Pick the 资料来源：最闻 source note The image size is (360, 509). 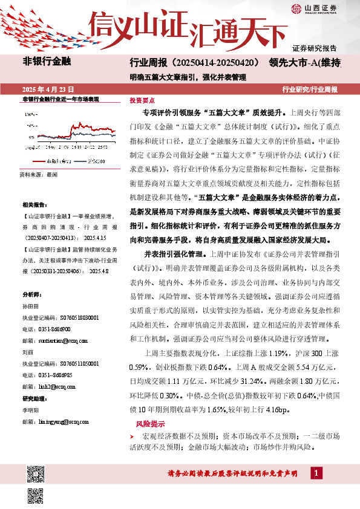click(x=39, y=174)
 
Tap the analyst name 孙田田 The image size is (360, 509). click(x=30, y=308)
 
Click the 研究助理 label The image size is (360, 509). click(x=34, y=398)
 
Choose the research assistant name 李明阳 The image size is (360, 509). click(x=30, y=410)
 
